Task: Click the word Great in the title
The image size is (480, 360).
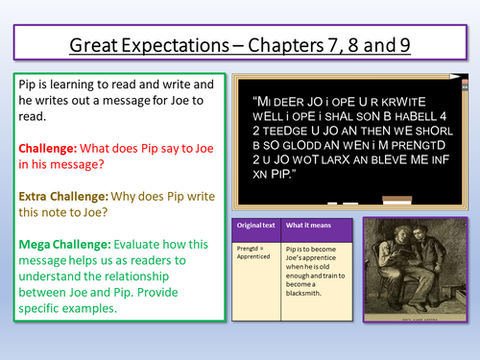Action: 97,44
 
